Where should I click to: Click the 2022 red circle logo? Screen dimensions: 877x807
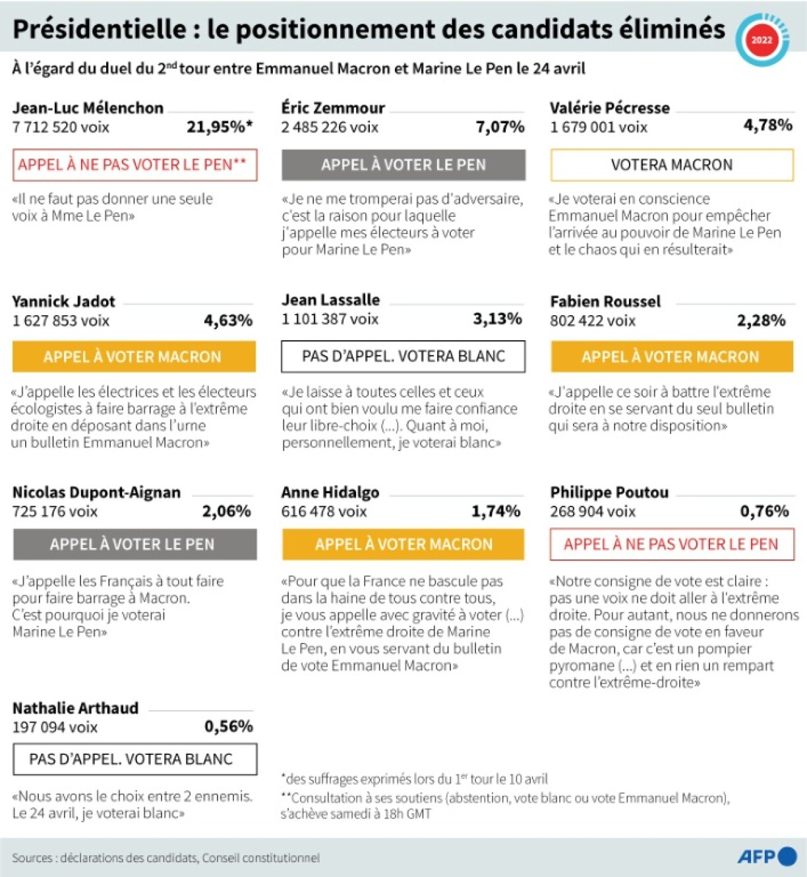click(x=762, y=40)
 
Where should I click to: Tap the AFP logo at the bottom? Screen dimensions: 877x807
click(x=767, y=857)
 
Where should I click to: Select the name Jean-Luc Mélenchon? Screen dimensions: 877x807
click(x=88, y=108)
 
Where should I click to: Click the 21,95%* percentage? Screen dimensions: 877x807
click(x=220, y=127)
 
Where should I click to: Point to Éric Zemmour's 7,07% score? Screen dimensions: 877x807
click(x=500, y=127)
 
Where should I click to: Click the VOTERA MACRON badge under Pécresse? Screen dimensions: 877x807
click(x=671, y=165)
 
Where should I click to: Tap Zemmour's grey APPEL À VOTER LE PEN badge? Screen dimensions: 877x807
click(x=403, y=165)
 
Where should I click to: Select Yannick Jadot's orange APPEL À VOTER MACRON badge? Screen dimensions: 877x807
click(x=134, y=357)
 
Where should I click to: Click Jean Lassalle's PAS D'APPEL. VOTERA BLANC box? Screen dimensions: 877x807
click(x=403, y=356)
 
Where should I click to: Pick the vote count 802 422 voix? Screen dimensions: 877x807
click(x=593, y=321)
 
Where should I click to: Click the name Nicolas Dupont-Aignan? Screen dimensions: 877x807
click(x=96, y=493)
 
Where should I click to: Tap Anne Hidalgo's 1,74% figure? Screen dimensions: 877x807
click(x=495, y=511)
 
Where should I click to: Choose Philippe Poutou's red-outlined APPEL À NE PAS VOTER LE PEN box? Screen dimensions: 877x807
click(x=671, y=544)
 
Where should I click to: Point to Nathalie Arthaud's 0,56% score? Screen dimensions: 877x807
click(x=228, y=727)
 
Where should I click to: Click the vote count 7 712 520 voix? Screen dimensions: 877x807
click(x=61, y=127)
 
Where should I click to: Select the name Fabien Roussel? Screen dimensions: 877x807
click(x=605, y=302)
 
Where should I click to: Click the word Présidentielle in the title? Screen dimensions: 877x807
click(x=100, y=29)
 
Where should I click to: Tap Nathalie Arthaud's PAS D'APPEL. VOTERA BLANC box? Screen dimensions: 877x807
click(x=134, y=759)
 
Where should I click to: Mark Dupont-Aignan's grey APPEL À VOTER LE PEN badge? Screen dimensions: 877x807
click(x=134, y=544)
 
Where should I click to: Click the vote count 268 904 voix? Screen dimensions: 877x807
click(x=593, y=512)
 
